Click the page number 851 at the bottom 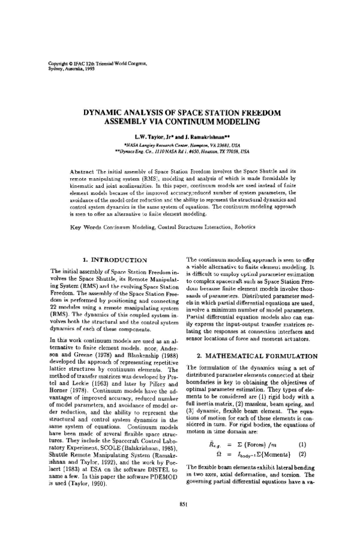[179, 521]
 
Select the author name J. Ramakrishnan [205, 136]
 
